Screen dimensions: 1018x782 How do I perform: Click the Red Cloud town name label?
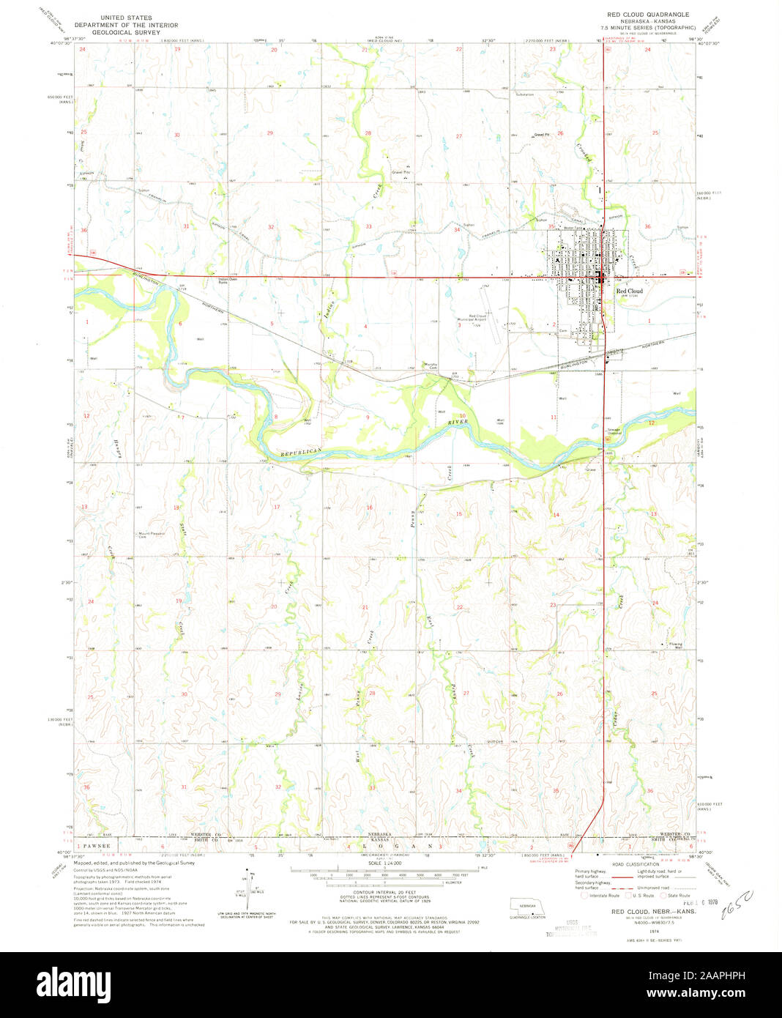tap(628, 291)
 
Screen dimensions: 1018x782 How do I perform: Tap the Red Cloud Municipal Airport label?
tap(472, 317)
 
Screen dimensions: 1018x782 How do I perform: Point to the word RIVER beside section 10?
tap(458, 423)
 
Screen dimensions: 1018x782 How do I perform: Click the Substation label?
tap(525, 94)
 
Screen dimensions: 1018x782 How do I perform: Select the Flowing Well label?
tap(678, 645)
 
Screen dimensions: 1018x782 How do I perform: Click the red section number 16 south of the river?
tap(370, 508)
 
